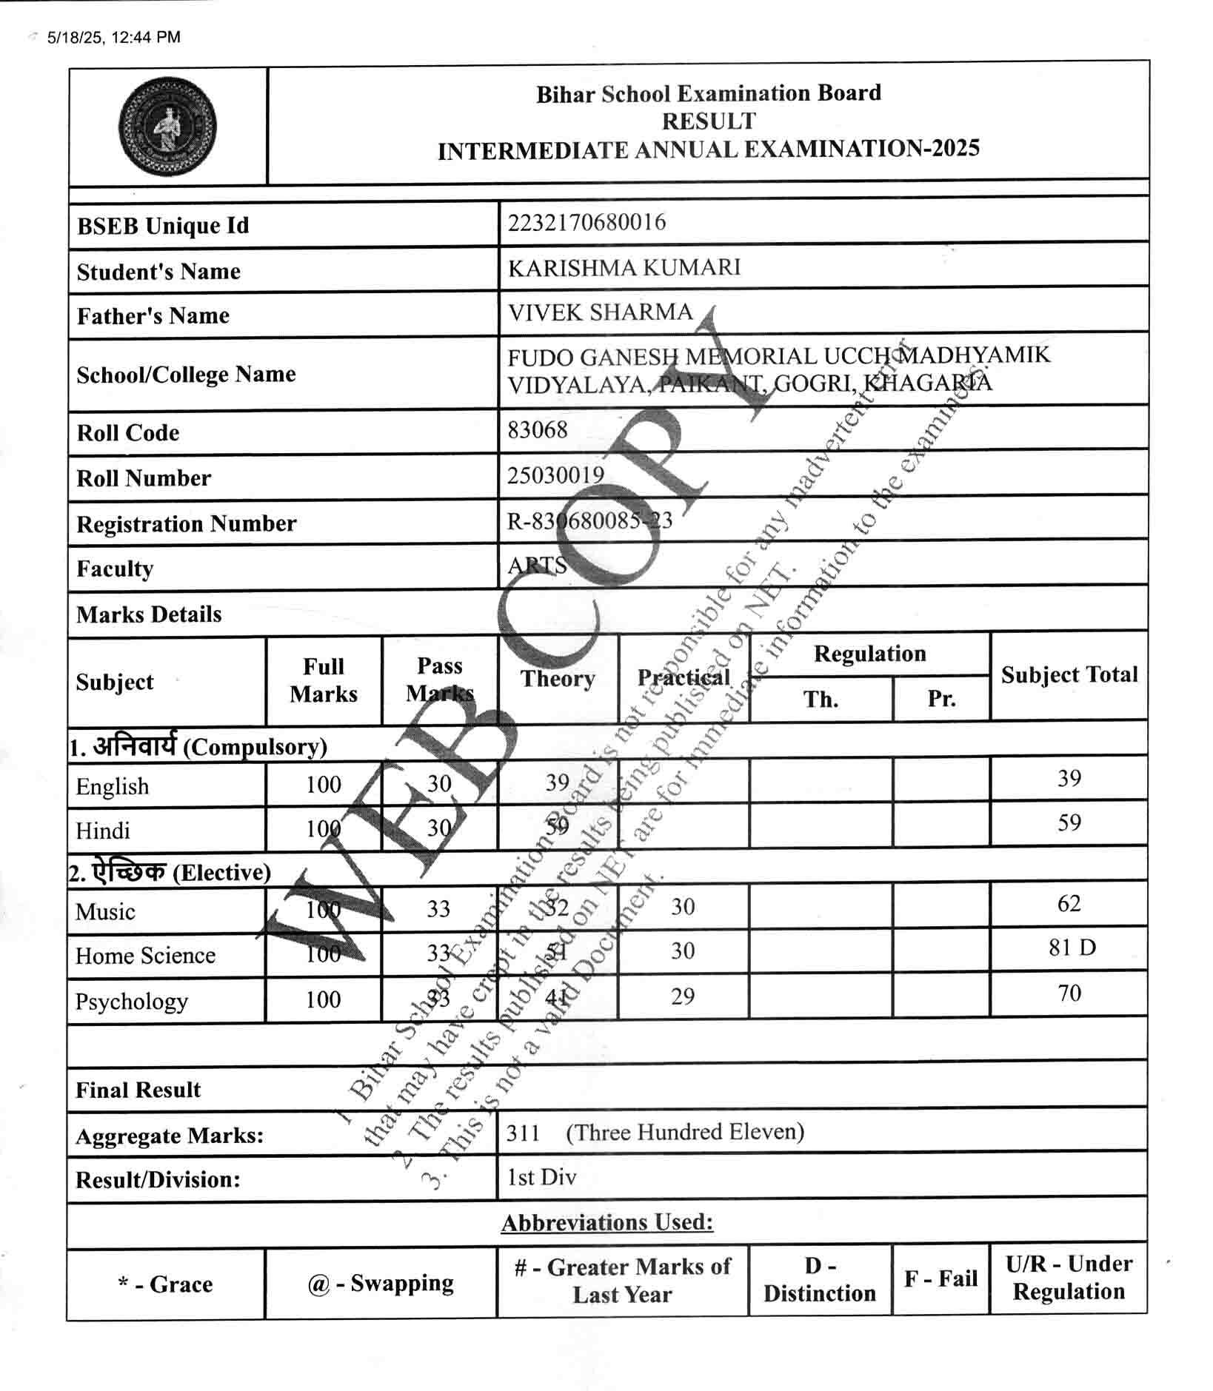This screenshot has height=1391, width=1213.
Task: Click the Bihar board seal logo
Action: (x=168, y=125)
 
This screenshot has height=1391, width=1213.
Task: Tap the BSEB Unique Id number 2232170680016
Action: (x=587, y=222)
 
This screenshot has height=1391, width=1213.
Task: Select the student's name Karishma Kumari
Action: (x=624, y=267)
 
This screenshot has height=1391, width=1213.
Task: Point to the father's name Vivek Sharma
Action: (x=600, y=312)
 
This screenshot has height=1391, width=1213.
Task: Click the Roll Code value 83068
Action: (x=538, y=429)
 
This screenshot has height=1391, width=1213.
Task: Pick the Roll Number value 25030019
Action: (x=555, y=475)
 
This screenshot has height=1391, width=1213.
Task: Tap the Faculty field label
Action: (x=115, y=569)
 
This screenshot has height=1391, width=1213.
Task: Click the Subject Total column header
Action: (x=1069, y=674)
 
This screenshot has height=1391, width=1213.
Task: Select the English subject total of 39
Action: (x=1069, y=778)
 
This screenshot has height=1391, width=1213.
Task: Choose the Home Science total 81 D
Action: (x=1072, y=948)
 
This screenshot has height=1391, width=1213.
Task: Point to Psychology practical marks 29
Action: (x=682, y=996)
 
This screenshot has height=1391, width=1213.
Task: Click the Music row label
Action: (x=105, y=911)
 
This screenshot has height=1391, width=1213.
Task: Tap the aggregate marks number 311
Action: (x=523, y=1132)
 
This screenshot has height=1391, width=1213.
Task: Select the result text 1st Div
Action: (x=541, y=1177)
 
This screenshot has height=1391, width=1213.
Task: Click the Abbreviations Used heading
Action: (x=607, y=1222)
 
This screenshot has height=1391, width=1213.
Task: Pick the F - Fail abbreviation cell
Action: (x=940, y=1278)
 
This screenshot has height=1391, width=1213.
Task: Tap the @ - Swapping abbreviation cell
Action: (x=381, y=1283)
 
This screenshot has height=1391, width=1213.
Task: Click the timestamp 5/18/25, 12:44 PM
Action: (x=113, y=37)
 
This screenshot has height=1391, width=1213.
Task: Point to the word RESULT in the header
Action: (x=709, y=121)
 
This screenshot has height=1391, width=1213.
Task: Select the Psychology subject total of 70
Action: (x=1069, y=993)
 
